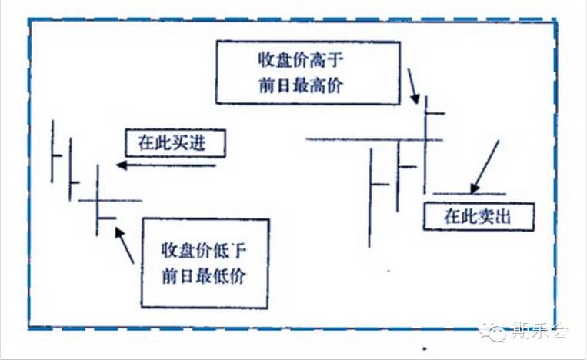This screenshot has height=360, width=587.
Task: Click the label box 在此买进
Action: coord(172,143)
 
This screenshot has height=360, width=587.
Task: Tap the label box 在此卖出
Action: coord(478,217)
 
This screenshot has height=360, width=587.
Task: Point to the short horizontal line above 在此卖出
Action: coord(469,193)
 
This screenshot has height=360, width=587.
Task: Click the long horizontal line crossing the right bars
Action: coord(374,139)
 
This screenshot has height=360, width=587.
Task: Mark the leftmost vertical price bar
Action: coord(52,151)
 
